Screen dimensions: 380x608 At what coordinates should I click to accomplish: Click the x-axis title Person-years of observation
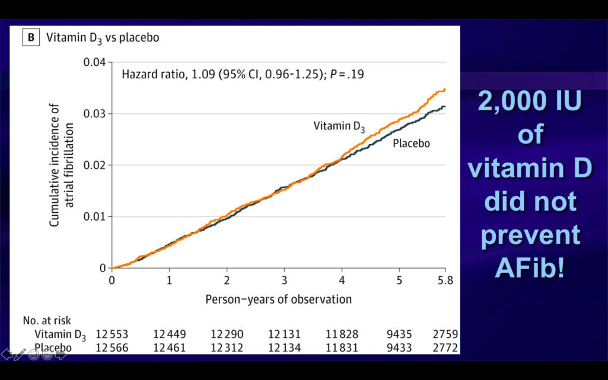point(278,299)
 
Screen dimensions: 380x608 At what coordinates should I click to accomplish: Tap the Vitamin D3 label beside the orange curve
point(339,126)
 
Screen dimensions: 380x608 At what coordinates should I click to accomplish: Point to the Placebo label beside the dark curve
point(411,143)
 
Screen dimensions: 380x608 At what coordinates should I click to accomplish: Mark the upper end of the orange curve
point(444,90)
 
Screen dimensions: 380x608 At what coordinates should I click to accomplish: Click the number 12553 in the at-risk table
point(112,334)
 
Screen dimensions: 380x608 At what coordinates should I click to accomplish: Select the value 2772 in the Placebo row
point(445,347)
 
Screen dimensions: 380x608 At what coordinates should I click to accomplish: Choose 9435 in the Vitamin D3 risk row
point(399,334)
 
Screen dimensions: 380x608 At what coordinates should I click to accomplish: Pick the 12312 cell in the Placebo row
point(227,347)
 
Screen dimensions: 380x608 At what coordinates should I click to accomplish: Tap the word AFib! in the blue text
point(530,269)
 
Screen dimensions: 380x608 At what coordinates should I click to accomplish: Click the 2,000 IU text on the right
point(530,103)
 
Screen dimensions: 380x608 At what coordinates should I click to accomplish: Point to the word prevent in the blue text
point(530,235)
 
